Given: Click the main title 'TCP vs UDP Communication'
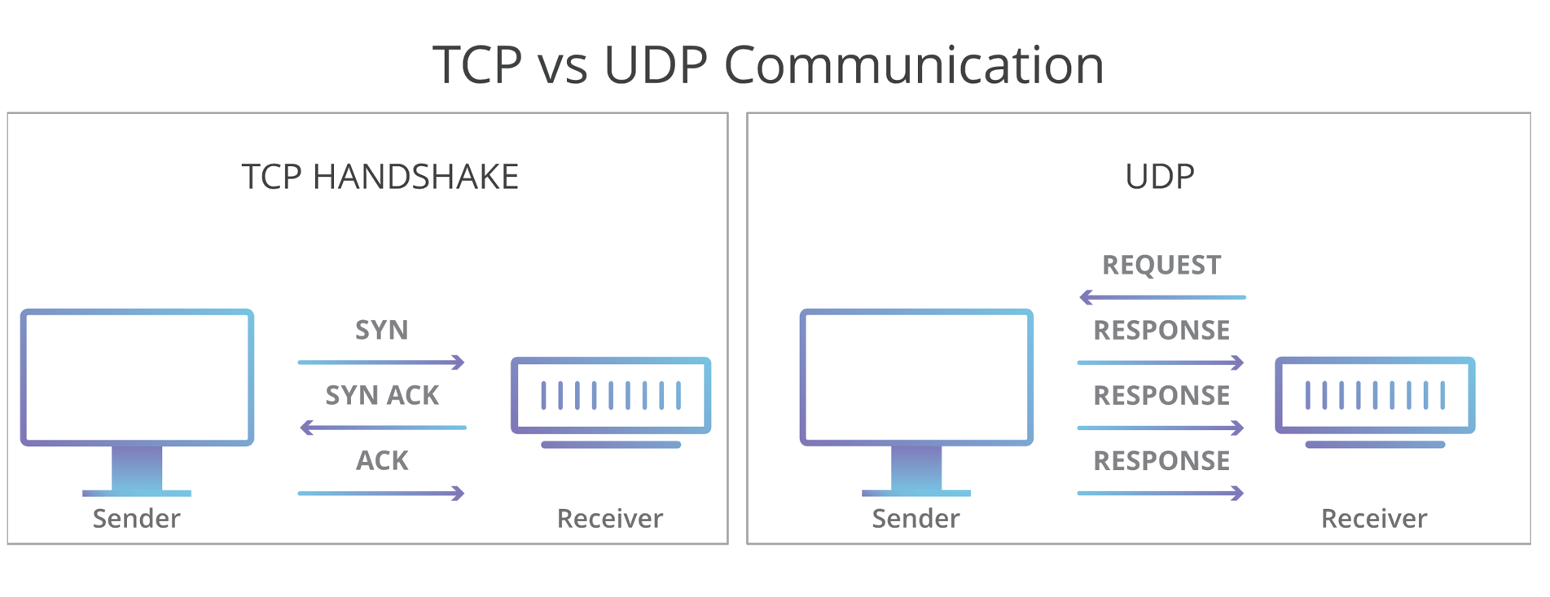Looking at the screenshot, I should pyautogui.click(x=767, y=64).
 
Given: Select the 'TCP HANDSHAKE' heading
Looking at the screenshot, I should pyautogui.click(x=380, y=177).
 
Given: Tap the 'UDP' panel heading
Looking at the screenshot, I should pyautogui.click(x=1159, y=177).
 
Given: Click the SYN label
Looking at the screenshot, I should pyautogui.click(x=381, y=330).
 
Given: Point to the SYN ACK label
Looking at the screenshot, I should pyautogui.click(x=381, y=395).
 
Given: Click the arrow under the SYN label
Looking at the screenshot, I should pyautogui.click(x=381, y=362).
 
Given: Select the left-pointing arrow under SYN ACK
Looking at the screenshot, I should pyautogui.click(x=383, y=428).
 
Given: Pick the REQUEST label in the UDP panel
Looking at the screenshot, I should pyautogui.click(x=1161, y=265).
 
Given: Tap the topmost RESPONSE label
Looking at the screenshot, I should pyautogui.click(x=1161, y=330).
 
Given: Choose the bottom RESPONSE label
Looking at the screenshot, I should pyautogui.click(x=1161, y=461).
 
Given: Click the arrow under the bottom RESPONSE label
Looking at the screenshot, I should pyautogui.click(x=1161, y=493).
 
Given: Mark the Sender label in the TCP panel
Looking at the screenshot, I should pyautogui.click(x=136, y=518).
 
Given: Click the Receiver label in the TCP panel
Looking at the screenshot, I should pyautogui.click(x=609, y=518).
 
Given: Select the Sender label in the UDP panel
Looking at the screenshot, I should pyautogui.click(x=916, y=518).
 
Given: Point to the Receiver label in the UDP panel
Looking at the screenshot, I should pyautogui.click(x=1373, y=518).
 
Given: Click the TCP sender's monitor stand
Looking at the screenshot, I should pyautogui.click(x=137, y=470).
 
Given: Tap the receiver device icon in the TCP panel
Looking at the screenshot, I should pyautogui.click(x=611, y=396).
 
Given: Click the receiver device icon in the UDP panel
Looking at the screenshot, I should pyautogui.click(x=1375, y=396).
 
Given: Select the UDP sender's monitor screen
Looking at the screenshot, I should pyautogui.click(x=916, y=377).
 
